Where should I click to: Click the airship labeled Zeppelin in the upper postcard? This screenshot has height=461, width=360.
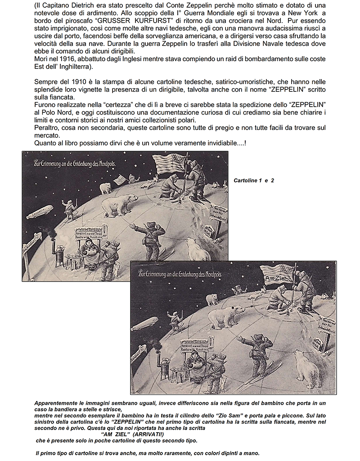[39, 211]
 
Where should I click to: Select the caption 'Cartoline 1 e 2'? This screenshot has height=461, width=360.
[254, 180]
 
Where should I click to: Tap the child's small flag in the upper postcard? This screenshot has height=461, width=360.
[119, 179]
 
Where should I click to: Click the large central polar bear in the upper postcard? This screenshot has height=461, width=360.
[121, 205]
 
